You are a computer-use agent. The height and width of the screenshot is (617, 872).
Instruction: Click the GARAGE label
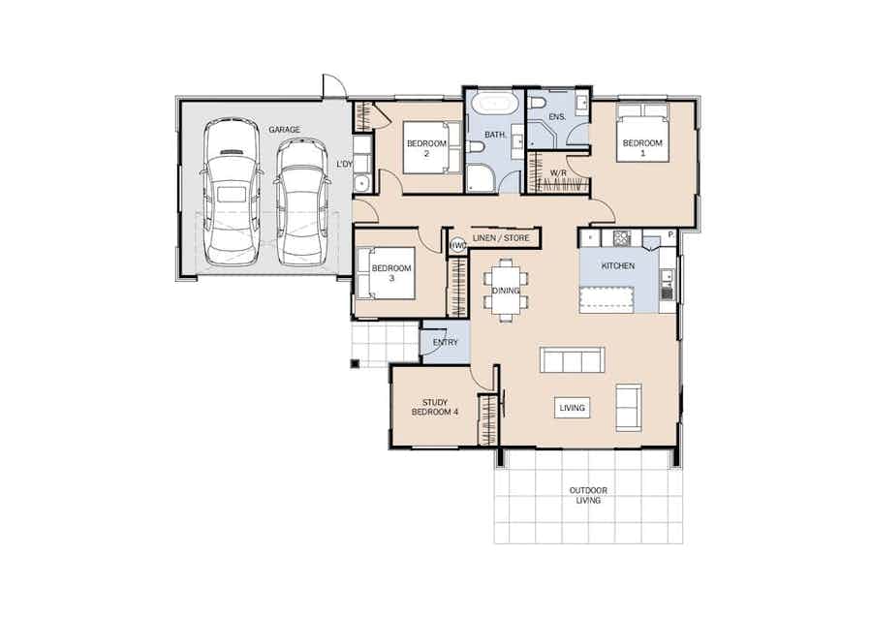[284, 130]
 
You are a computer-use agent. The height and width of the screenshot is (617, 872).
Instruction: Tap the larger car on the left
[231, 192]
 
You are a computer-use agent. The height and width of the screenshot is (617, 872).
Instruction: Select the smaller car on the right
[302, 201]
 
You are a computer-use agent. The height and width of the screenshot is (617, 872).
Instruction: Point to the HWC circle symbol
[457, 245]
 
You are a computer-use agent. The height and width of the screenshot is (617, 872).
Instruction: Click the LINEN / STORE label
[501, 238]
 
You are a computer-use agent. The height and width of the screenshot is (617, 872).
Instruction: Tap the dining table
[506, 291]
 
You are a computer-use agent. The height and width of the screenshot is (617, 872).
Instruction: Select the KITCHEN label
[618, 266]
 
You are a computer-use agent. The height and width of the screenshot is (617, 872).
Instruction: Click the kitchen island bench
[607, 299]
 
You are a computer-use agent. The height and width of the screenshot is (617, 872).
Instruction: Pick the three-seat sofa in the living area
[573, 359]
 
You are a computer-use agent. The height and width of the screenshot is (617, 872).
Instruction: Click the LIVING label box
[573, 408]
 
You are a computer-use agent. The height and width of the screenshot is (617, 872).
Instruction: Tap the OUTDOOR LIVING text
[588, 495]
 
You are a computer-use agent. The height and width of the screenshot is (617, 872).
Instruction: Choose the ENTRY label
[445, 343]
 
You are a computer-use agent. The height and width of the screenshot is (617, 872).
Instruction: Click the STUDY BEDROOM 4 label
[435, 408]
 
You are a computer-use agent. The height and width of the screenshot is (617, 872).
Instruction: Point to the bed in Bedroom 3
[387, 273]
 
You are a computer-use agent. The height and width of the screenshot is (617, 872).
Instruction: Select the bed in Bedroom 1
[642, 133]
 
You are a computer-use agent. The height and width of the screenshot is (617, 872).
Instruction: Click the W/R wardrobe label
[558, 173]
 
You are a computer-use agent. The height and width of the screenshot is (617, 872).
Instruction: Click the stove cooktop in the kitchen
[622, 238]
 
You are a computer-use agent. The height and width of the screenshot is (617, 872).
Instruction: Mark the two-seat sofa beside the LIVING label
[629, 408]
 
